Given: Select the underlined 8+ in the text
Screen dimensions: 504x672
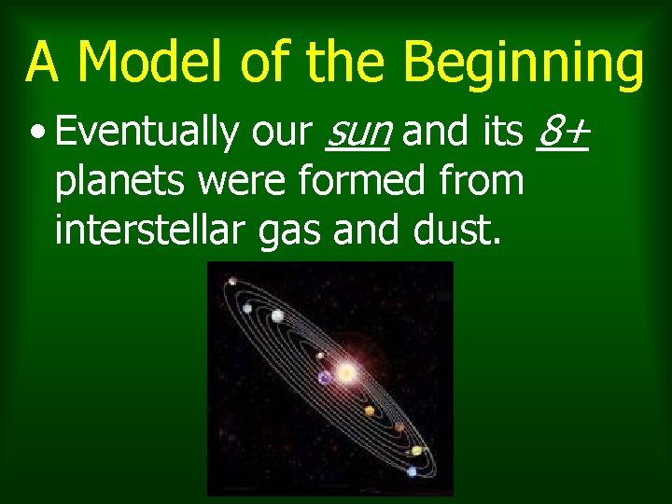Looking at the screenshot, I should (563, 133).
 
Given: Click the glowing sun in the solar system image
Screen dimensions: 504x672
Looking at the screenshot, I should (346, 373).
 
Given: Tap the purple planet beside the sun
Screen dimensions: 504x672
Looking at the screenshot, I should (325, 378).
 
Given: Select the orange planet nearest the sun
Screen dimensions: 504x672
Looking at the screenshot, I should (370, 411).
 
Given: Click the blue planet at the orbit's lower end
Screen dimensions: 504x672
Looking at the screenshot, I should (412, 472).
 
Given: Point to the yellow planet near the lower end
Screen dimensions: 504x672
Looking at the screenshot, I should (416, 451).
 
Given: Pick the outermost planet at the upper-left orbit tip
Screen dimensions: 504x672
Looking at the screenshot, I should (230, 283).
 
